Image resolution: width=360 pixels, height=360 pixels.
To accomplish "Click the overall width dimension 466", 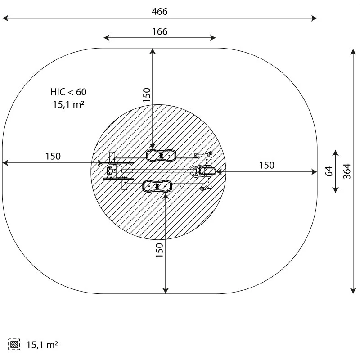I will [160, 12].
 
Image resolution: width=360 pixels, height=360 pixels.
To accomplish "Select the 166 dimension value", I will [160, 31].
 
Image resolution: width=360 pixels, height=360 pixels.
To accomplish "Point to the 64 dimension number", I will [329, 171].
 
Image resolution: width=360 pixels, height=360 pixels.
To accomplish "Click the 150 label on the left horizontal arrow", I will [53, 156].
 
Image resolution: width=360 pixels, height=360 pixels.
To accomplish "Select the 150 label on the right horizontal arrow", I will [266, 165].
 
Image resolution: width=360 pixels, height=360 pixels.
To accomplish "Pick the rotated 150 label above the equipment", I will [147, 95].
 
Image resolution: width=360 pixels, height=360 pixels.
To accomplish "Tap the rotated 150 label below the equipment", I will [159, 250].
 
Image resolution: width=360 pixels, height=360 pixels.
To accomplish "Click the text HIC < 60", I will [68, 92].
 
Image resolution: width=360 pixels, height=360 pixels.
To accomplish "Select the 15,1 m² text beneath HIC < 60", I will [68, 104].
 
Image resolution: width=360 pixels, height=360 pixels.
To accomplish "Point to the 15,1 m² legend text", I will [42, 345].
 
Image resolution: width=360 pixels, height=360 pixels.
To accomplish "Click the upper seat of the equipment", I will [160, 155].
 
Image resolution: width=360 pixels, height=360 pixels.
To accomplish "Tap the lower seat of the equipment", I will [157, 186].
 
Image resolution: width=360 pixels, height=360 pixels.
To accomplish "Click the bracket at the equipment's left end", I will [112, 171].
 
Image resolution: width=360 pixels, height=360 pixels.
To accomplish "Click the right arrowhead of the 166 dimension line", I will [214, 38].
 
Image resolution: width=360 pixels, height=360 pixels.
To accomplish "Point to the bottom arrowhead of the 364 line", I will [353, 291].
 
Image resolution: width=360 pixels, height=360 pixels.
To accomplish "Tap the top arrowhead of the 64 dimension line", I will [336, 151].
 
